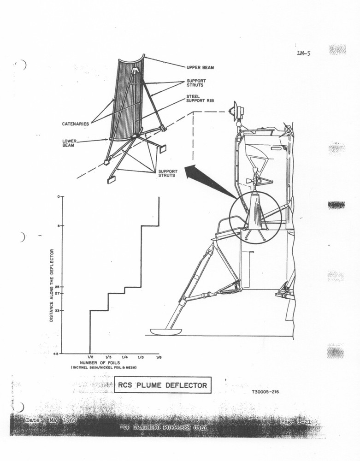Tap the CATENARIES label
point(76,124)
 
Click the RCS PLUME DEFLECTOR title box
point(163,384)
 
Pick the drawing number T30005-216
point(265,393)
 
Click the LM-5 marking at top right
point(304,53)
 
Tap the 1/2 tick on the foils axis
point(90,357)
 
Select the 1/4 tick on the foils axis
point(124,357)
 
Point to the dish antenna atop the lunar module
point(236,109)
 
